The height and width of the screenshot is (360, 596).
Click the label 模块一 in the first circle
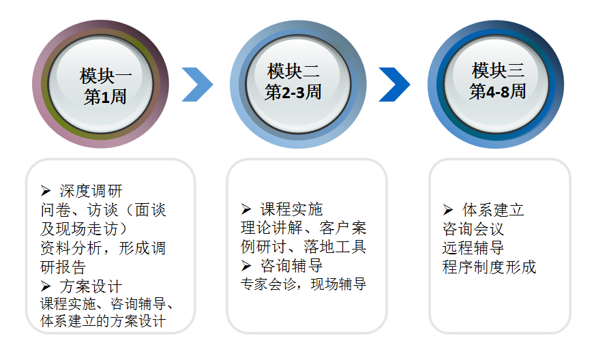click(x=105, y=76)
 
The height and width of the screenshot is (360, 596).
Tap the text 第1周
click(x=105, y=97)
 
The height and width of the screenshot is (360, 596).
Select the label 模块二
click(x=293, y=71)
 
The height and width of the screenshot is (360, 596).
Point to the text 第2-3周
click(x=293, y=92)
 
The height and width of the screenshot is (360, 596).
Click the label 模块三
click(x=498, y=70)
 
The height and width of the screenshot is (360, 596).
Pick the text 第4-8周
click(x=498, y=91)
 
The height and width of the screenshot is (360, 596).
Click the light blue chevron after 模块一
click(x=197, y=85)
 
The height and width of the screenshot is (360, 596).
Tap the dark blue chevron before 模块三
click(x=394, y=85)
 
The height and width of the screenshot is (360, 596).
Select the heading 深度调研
click(x=91, y=191)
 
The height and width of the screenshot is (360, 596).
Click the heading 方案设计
click(x=91, y=286)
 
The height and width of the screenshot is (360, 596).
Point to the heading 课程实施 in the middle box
click(x=292, y=209)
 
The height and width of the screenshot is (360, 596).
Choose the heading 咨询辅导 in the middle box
click(x=292, y=266)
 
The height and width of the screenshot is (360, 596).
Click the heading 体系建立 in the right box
click(x=493, y=210)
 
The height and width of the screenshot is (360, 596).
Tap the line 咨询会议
click(x=473, y=229)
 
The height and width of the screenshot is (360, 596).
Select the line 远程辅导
click(x=473, y=248)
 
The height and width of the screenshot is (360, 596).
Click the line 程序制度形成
click(x=489, y=267)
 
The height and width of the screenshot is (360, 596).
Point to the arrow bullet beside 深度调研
click(x=46, y=191)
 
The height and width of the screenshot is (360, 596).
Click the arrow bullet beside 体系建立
click(x=448, y=210)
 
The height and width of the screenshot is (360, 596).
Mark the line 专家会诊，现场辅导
click(x=303, y=284)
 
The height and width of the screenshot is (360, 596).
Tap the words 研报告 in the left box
click(x=63, y=267)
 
